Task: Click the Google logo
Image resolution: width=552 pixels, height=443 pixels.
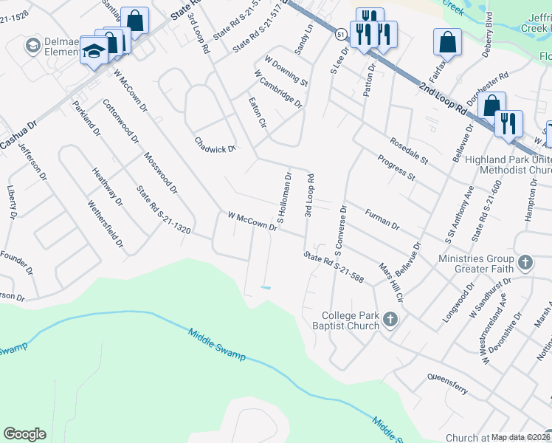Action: click(24, 434)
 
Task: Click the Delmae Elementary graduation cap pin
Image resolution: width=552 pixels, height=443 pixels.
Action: click(94, 50)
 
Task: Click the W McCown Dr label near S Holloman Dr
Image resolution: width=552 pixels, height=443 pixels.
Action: click(252, 221)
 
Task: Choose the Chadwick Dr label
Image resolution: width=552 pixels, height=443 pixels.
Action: click(214, 144)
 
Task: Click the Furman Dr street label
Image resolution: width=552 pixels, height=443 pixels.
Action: click(382, 218)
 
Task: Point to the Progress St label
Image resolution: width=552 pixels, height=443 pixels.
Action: click(396, 168)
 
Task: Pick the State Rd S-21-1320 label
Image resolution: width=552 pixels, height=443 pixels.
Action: click(163, 210)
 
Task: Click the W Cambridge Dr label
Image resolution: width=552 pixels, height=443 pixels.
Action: click(277, 89)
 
